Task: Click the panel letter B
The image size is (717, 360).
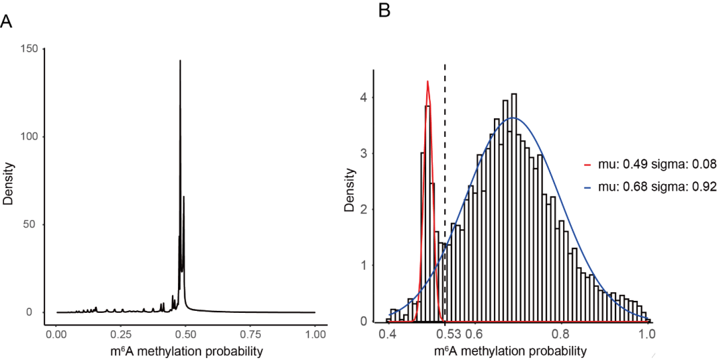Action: (384, 11)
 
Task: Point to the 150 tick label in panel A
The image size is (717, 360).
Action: (29, 49)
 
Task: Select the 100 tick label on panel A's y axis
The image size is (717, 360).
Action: (29, 137)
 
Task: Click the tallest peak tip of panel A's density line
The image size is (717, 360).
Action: (180, 61)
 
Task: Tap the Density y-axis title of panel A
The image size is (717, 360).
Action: (9, 180)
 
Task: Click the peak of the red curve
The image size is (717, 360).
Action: (428, 82)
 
